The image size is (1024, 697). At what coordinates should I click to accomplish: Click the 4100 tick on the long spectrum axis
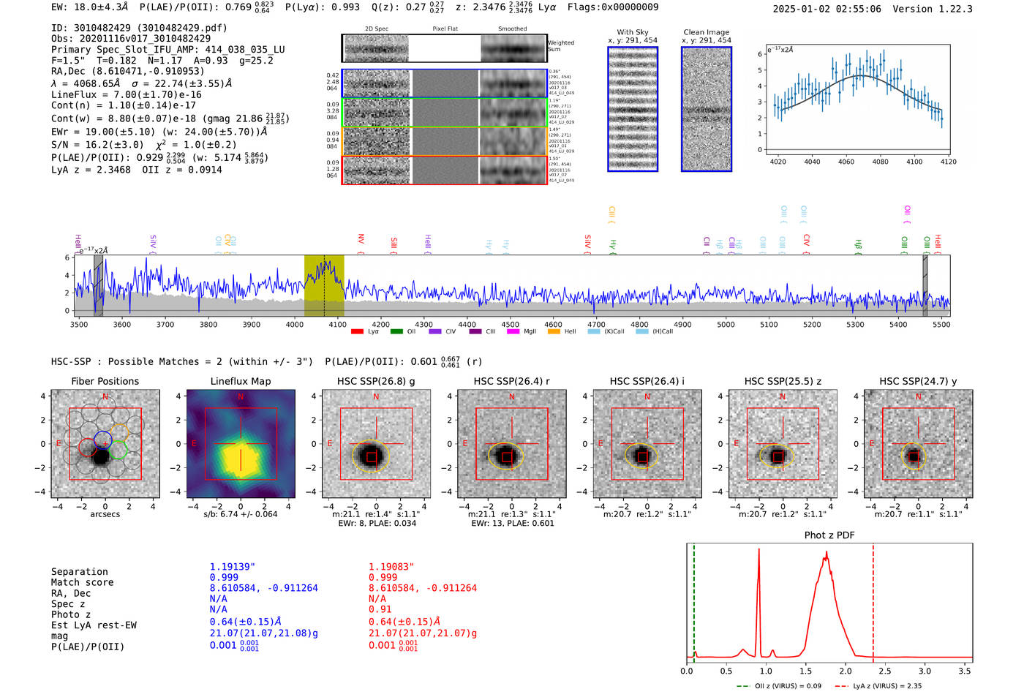click(337, 324)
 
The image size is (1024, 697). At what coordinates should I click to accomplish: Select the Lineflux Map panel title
click(240, 381)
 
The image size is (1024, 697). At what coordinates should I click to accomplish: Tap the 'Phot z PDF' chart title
click(829, 535)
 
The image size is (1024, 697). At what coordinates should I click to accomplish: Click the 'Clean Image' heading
click(706, 32)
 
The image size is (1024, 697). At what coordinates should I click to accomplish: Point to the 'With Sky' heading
click(632, 32)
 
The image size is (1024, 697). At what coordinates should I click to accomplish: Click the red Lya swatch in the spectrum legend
click(357, 331)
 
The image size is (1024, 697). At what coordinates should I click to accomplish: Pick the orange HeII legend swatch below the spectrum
click(554, 331)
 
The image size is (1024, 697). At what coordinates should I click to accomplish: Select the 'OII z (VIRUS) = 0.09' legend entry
click(779, 686)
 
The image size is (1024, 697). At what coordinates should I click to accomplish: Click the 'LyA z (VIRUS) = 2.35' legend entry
click(878, 686)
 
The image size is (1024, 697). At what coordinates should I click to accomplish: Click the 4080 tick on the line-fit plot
click(880, 162)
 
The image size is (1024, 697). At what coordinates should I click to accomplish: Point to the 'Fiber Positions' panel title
click(105, 381)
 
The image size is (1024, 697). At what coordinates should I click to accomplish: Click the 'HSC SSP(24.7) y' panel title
click(918, 381)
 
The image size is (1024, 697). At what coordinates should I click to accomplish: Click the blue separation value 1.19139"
click(232, 567)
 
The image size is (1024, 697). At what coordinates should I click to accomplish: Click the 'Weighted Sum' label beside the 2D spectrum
click(560, 46)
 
